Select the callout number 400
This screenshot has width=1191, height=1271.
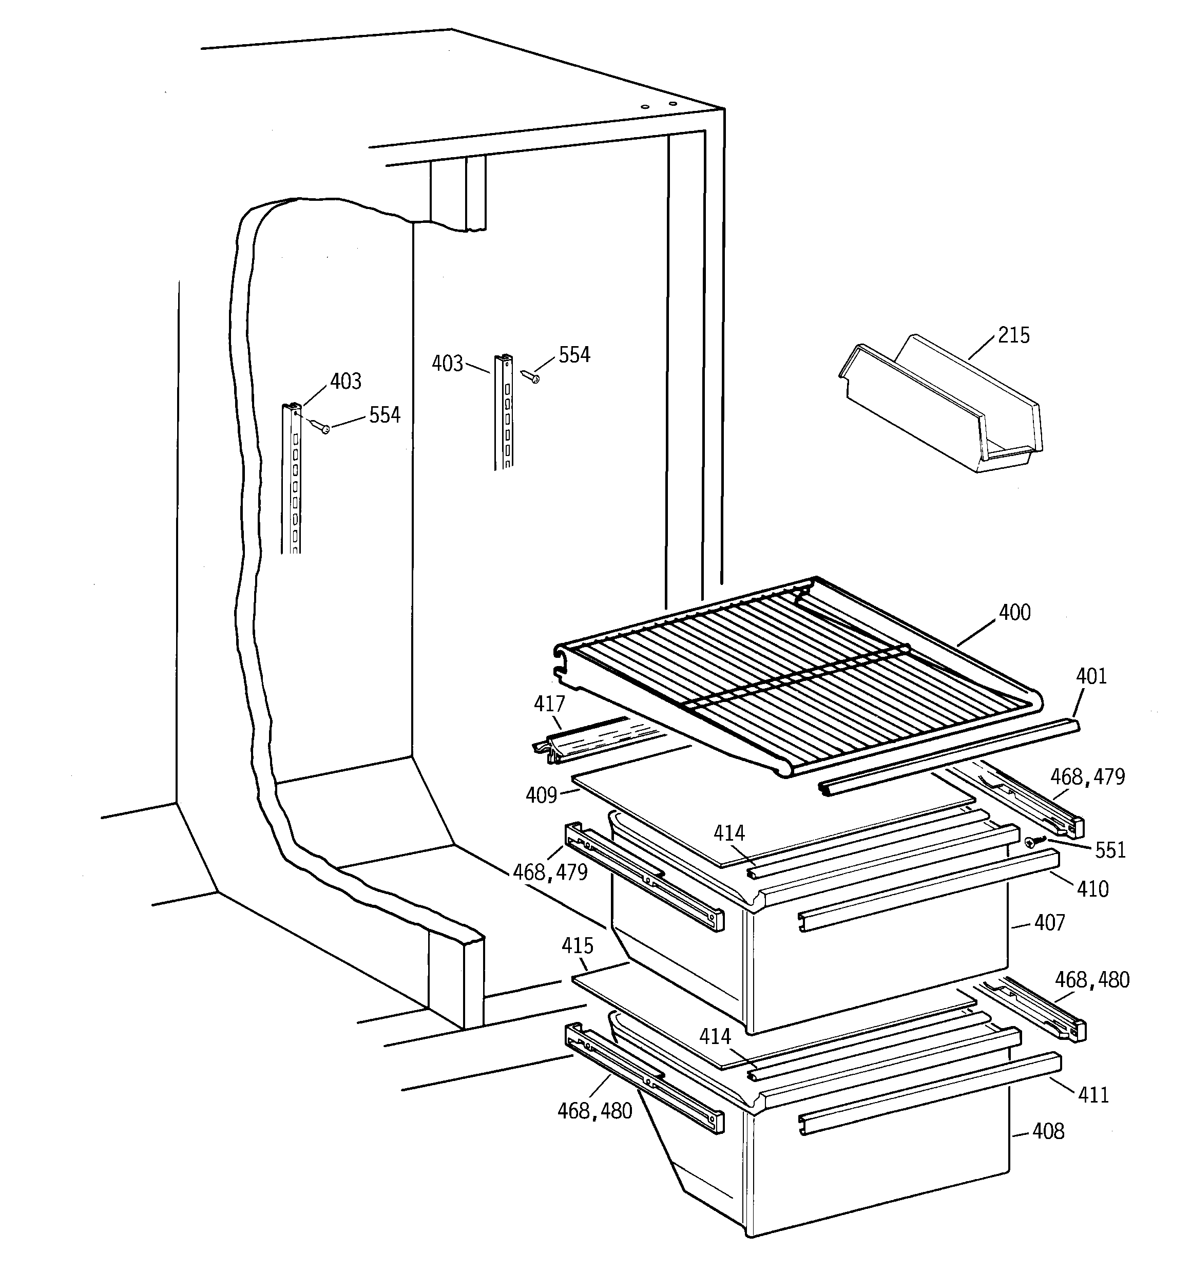pos(1014,613)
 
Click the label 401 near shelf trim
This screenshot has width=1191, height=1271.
pos(1091,676)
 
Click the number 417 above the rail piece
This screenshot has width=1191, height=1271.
pos(549,704)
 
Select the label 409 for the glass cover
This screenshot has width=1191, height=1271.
pos(541,796)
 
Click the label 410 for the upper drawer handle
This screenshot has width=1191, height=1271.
pos(1092,889)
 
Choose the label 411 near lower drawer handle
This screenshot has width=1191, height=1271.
pos(1093,1095)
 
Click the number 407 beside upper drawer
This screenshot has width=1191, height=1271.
pos(1049,922)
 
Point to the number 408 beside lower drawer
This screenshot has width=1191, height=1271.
pos(1048,1132)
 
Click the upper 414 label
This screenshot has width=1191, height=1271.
pos(729,833)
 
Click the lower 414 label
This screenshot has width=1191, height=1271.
pos(714,1036)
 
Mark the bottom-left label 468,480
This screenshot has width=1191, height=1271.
pos(594,1111)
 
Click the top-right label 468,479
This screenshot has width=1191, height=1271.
pos(1087,777)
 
